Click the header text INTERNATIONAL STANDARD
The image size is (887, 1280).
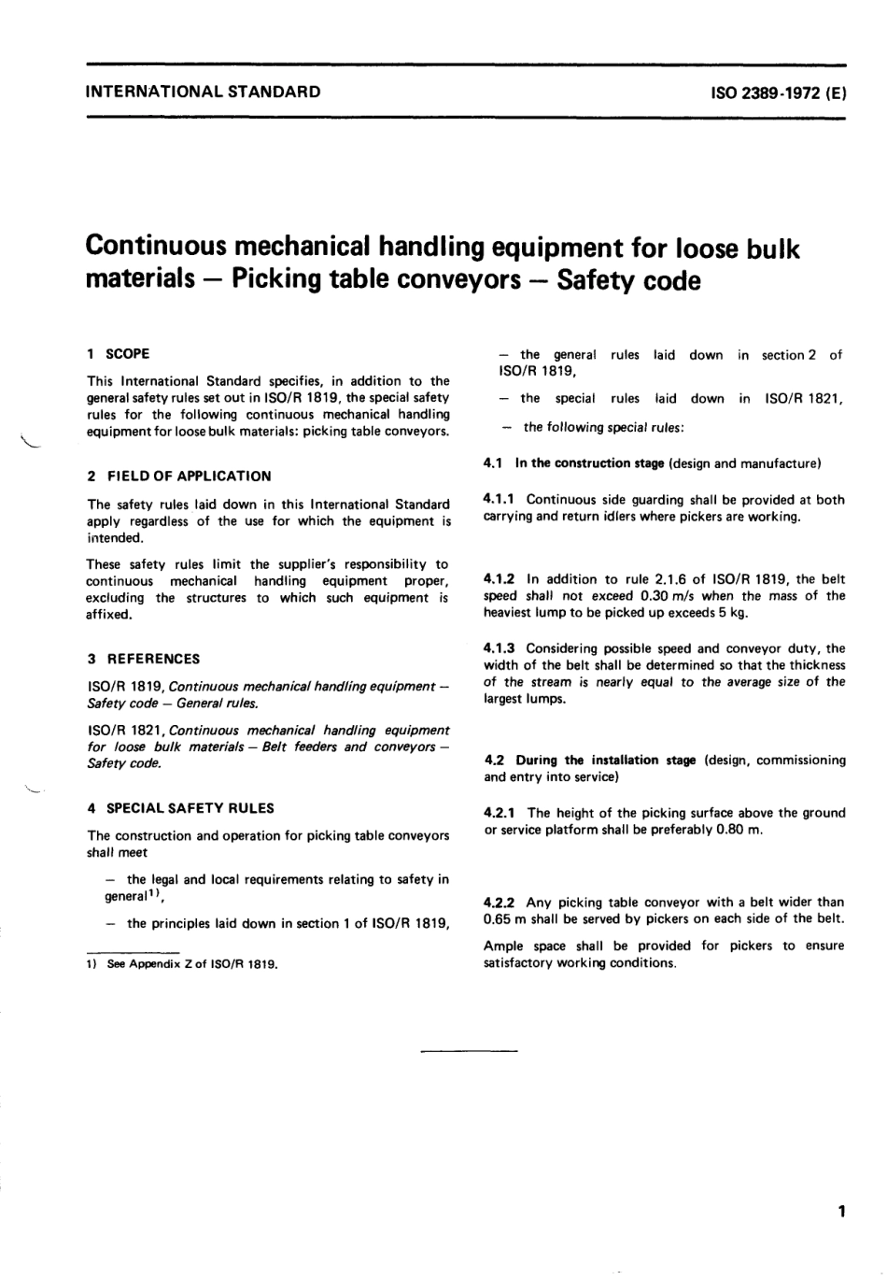click(x=203, y=92)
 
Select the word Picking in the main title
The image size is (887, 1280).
click(x=279, y=279)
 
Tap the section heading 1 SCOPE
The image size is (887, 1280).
click(x=118, y=353)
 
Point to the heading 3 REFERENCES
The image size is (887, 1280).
click(x=143, y=658)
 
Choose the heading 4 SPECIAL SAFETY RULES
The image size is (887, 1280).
click(x=180, y=808)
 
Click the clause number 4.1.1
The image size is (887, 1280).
click(x=500, y=500)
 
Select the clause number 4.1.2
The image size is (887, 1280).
click(x=500, y=579)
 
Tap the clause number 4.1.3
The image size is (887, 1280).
click(x=500, y=648)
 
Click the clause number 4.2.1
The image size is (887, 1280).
click(x=500, y=813)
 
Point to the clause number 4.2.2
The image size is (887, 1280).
click(x=500, y=903)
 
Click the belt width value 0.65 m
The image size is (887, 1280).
click(x=503, y=919)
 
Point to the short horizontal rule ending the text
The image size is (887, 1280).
click(x=469, y=1053)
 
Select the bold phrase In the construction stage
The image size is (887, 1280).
click(x=589, y=462)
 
